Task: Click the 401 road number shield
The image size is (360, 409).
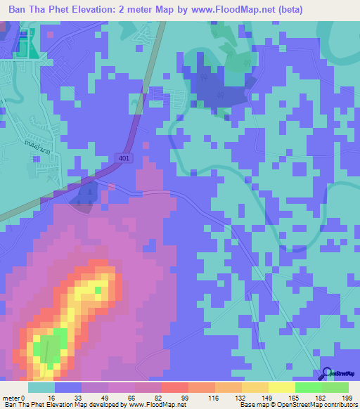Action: (x=124, y=159)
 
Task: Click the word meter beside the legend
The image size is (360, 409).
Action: (x=12, y=397)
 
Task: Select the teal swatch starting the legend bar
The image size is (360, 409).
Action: (x=41, y=387)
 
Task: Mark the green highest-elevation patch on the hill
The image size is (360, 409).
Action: (x=49, y=349)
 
